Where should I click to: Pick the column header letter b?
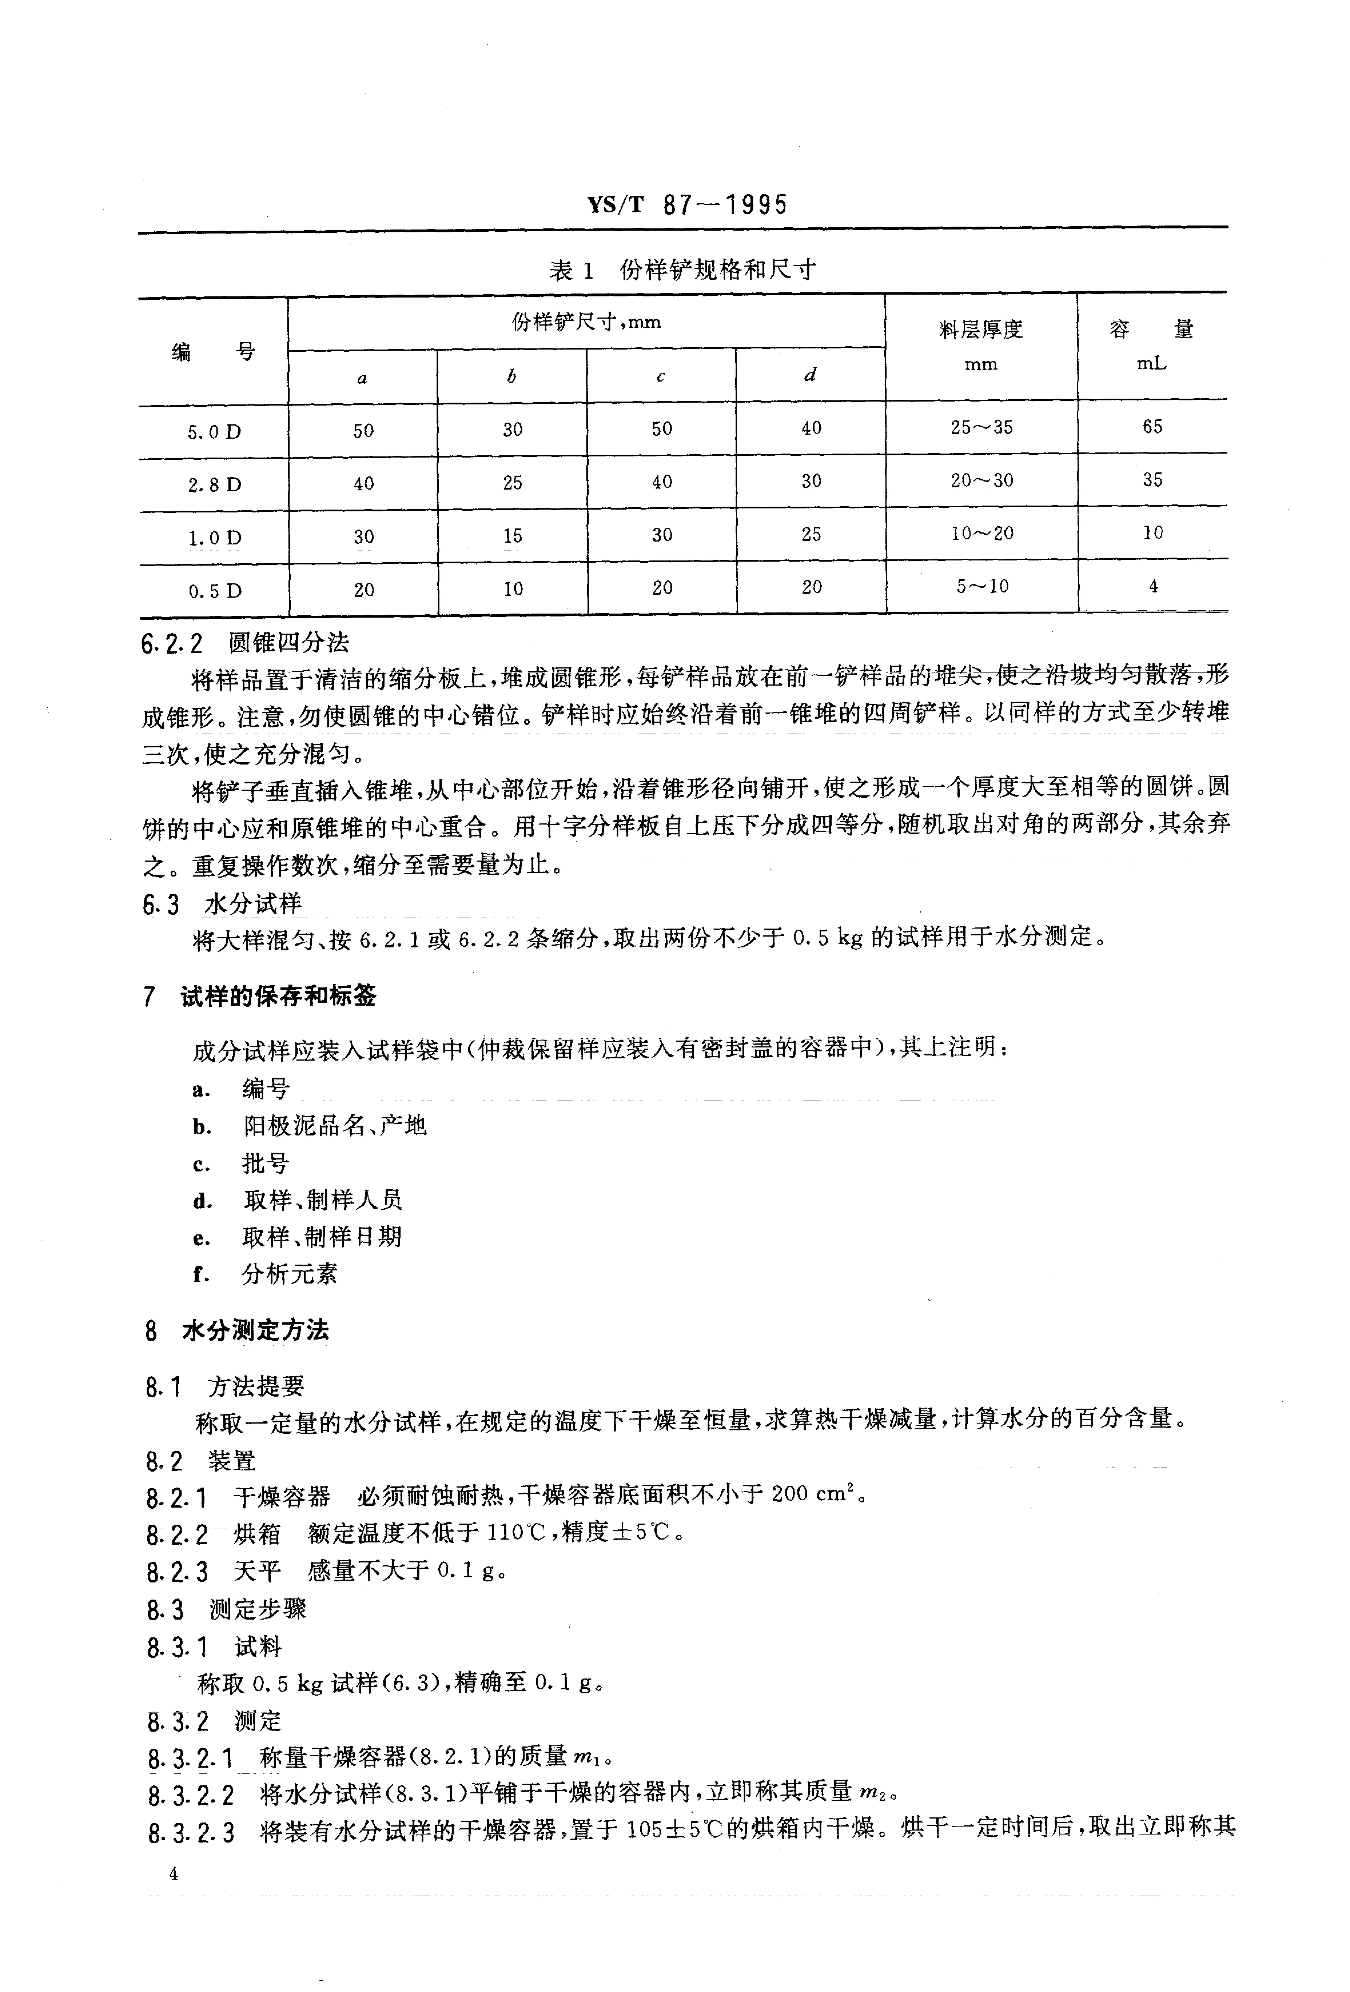point(512,376)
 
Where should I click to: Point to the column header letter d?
point(810,374)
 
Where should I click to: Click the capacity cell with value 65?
point(1152,427)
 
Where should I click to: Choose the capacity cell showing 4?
point(1153,586)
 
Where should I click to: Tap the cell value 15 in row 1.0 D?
point(512,536)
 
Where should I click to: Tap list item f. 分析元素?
point(266,1274)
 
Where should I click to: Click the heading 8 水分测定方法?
point(237,1330)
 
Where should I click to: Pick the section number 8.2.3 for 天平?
point(177,1572)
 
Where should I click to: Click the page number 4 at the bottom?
point(174,1874)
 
